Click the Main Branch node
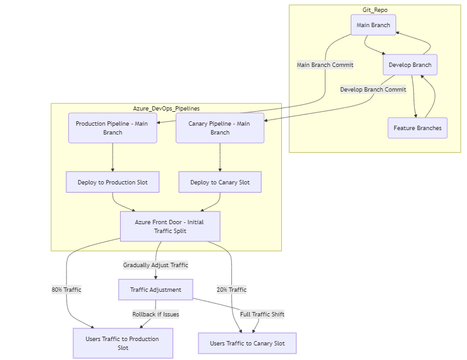click(x=373, y=25)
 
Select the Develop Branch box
click(x=409, y=65)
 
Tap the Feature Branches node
click(x=417, y=128)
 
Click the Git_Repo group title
click(x=375, y=10)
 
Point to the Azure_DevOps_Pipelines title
click(x=166, y=109)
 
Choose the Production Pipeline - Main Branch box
click(x=112, y=128)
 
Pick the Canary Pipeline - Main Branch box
click(x=220, y=128)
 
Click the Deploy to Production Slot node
click(x=112, y=183)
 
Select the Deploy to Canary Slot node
click(x=220, y=183)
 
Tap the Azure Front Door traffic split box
click(x=170, y=226)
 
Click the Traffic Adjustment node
click(x=155, y=290)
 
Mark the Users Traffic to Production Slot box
click(x=123, y=343)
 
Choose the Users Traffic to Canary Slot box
click(x=247, y=344)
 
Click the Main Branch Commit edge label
click(x=325, y=64)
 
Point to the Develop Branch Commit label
click(x=373, y=90)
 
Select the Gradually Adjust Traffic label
click(x=155, y=265)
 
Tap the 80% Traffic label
click(x=67, y=290)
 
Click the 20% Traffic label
click(x=231, y=290)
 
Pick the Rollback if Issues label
click(x=155, y=314)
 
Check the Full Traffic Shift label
click(x=262, y=314)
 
